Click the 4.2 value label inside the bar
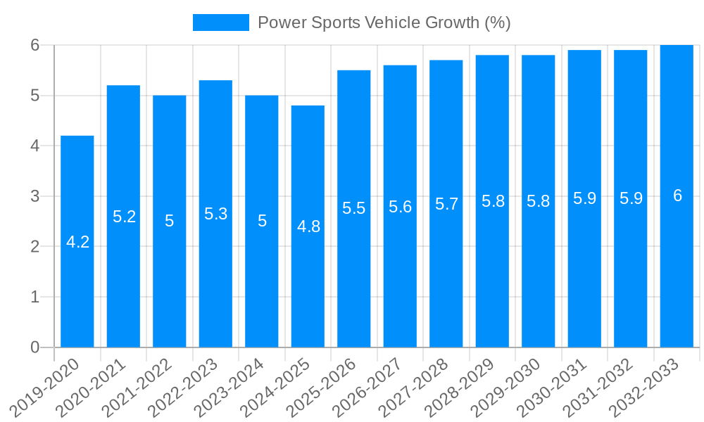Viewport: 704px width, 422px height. pyautogui.click(x=77, y=242)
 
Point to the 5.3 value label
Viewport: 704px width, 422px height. pyautogui.click(x=215, y=214)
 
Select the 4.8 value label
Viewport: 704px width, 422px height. pyautogui.click(x=308, y=226)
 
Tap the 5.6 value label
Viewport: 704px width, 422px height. pyautogui.click(x=401, y=207)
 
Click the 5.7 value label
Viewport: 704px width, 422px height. pyautogui.click(x=446, y=204)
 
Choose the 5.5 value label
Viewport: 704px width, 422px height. pyautogui.click(x=354, y=209)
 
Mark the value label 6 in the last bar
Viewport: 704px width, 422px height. pyautogui.click(x=677, y=196)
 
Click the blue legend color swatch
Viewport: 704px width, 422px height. pyautogui.click(x=220, y=23)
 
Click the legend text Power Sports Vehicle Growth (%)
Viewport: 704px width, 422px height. pyautogui.click(x=384, y=23)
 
